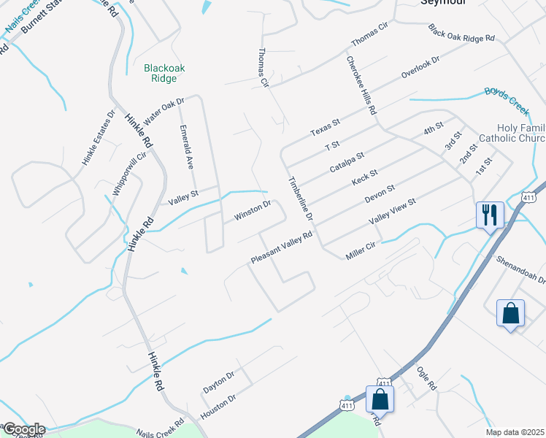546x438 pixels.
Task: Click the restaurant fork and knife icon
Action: tap(489, 215)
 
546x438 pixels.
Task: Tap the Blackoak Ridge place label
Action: tap(164, 73)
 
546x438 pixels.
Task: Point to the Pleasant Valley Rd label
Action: tap(282, 248)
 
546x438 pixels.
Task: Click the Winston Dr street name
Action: tap(253, 210)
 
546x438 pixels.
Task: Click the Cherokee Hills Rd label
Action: tap(361, 86)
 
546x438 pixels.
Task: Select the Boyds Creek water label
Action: tap(507, 100)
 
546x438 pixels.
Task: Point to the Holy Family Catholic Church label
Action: tap(512, 133)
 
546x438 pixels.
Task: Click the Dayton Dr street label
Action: tap(218, 382)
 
